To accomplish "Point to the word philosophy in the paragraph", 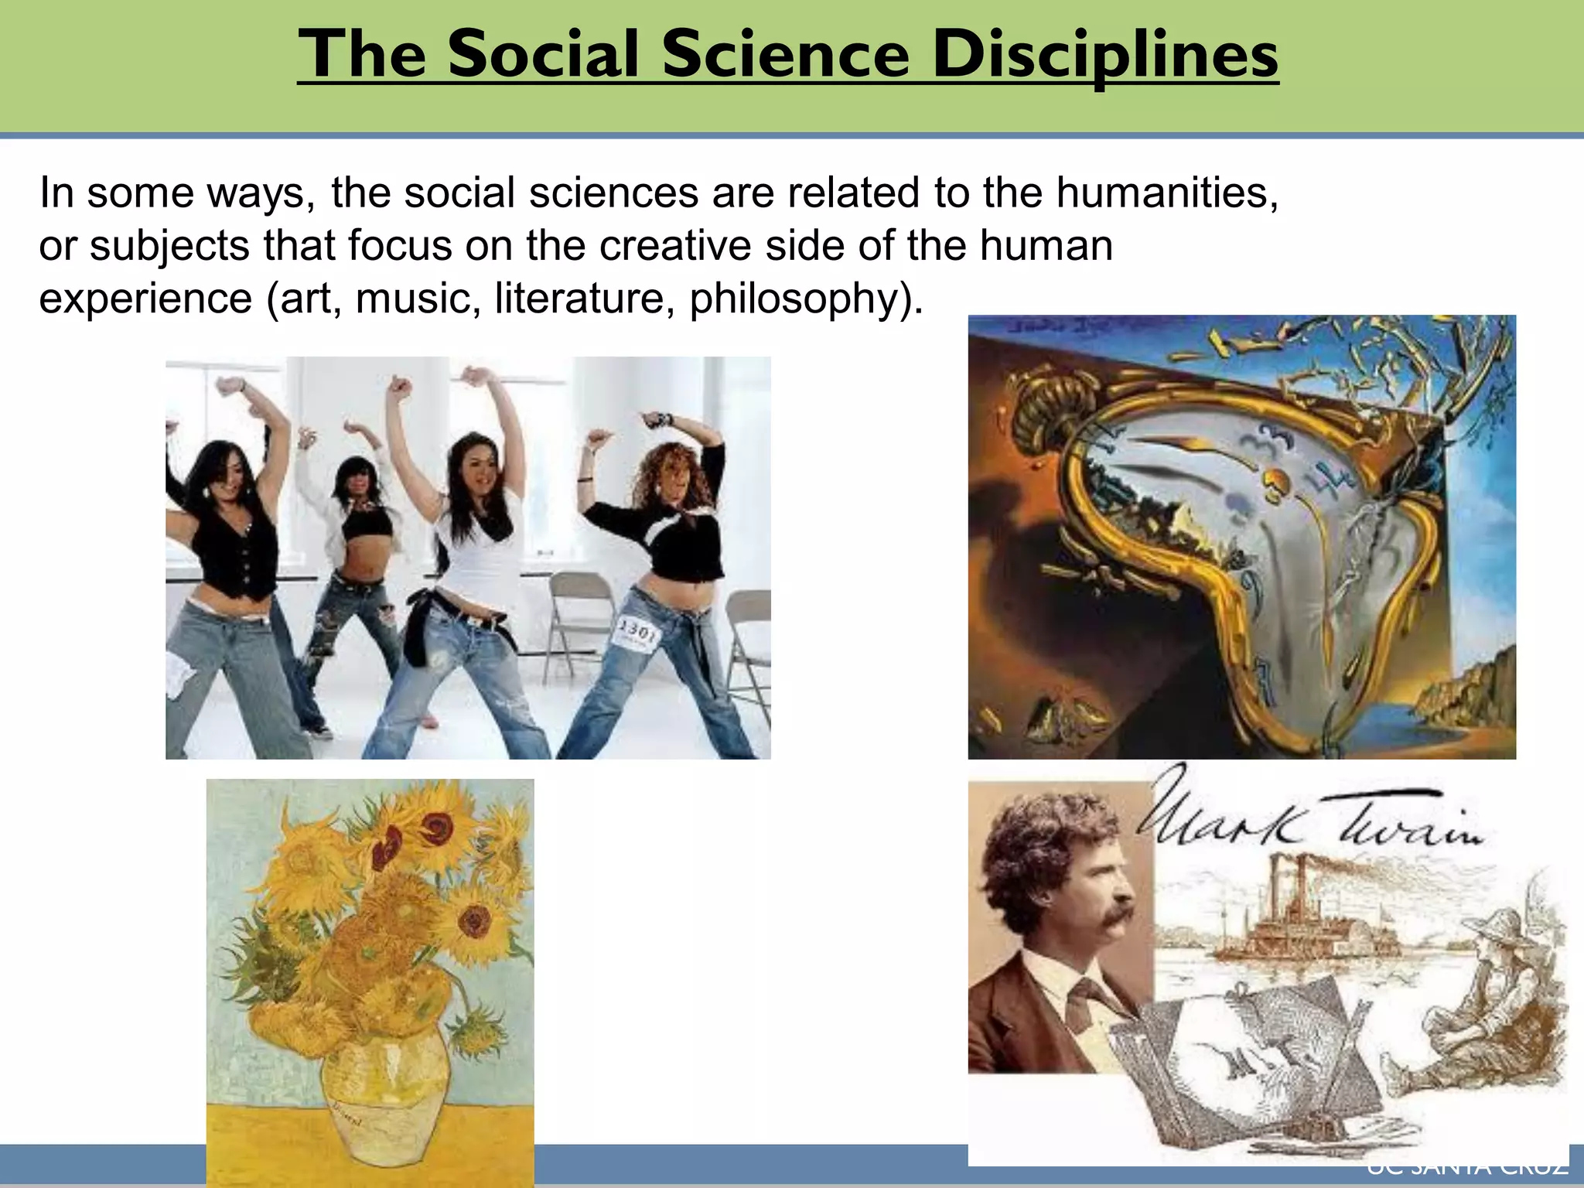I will pos(805,298).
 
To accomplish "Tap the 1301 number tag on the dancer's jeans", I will pos(637,634).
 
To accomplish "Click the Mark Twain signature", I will pos(1307,820).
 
